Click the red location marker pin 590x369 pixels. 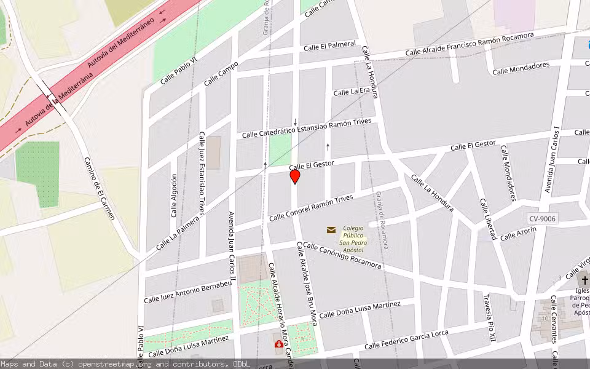click(295, 177)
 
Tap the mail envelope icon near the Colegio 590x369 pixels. click(331, 230)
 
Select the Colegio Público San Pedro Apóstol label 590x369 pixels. click(353, 239)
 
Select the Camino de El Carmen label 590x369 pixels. click(100, 188)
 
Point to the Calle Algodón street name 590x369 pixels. click(174, 196)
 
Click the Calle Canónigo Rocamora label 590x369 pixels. click(342, 256)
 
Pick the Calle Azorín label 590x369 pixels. click(518, 234)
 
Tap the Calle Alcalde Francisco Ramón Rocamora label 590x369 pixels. click(470, 44)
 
